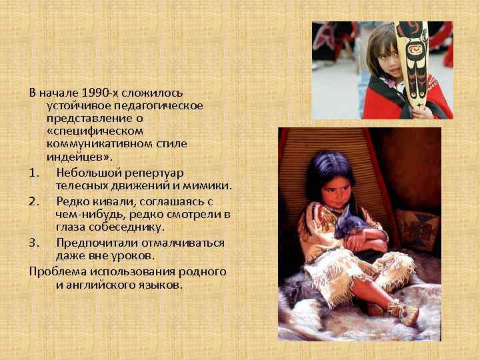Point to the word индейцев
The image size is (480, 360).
[75, 157]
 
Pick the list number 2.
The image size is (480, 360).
[34, 201]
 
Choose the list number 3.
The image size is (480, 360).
[34, 243]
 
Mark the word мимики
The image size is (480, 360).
[208, 185]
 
